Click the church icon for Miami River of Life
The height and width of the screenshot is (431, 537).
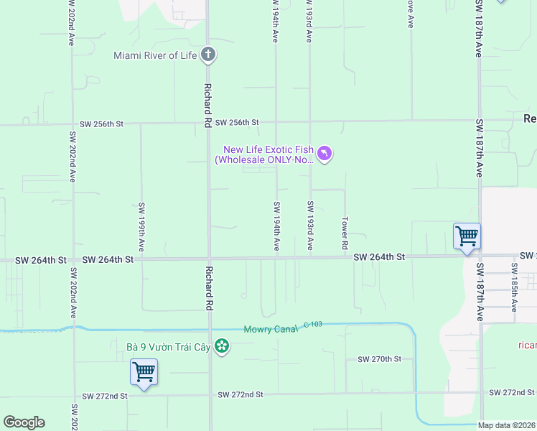click(207, 55)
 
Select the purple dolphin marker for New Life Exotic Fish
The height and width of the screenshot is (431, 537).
click(324, 154)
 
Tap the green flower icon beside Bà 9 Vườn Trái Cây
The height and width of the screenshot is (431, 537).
click(222, 347)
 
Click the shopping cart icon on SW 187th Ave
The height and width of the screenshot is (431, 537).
click(467, 236)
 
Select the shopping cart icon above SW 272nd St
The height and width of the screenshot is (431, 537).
click(144, 372)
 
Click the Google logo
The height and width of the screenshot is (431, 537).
click(24, 422)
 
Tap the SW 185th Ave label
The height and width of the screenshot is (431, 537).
click(515, 287)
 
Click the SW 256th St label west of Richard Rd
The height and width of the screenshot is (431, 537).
click(102, 124)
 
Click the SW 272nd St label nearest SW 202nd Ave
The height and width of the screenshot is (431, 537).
click(105, 396)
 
